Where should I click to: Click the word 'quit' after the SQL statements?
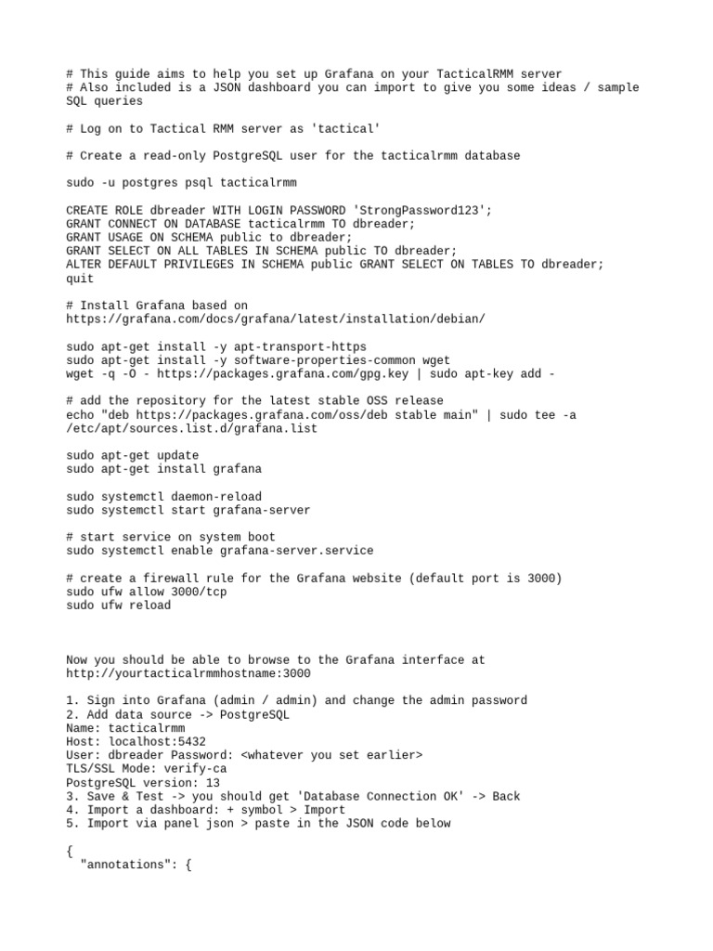pos(80,278)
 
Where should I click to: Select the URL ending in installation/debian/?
pos(275,319)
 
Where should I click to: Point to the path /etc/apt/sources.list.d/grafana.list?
pos(191,428)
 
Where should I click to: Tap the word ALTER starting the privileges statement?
pos(84,265)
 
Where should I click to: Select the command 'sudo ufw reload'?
pos(118,606)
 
